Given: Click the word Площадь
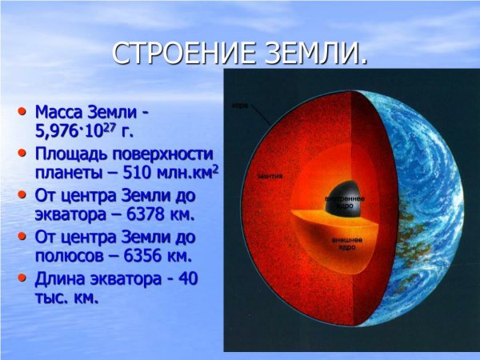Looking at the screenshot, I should click(x=74, y=154).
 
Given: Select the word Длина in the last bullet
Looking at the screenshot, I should click(x=61, y=278).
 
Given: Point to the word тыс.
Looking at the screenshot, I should click(x=51, y=298).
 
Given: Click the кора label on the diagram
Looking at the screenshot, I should click(x=239, y=105).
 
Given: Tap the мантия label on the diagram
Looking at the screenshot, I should click(x=270, y=174).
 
